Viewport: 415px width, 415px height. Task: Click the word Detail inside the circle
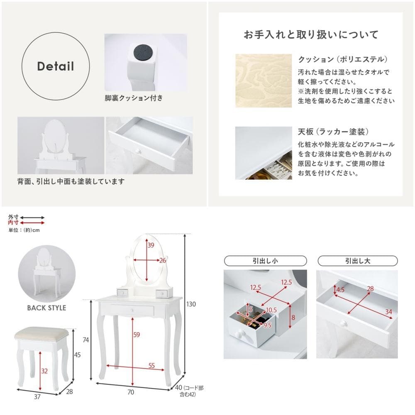[55, 66]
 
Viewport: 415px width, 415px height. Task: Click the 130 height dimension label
[191, 304]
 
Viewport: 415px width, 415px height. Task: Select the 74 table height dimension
[86, 340]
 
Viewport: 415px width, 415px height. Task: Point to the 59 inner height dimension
[137, 335]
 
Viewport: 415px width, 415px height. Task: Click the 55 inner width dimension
[151, 366]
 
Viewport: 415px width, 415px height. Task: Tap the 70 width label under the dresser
[131, 392]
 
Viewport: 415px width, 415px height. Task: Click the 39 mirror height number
[151, 245]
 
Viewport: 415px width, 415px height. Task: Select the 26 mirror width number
[163, 261]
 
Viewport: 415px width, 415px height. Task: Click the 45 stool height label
[77, 355]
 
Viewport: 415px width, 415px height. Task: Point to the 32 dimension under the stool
[44, 371]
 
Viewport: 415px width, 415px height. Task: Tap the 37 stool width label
[37, 397]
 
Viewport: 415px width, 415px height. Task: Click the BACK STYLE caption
[46, 308]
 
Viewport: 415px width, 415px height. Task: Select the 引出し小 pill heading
[265, 261]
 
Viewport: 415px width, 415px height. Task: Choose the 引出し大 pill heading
[358, 261]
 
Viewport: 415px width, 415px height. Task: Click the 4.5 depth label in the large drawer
[340, 290]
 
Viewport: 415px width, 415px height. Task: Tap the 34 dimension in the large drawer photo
[388, 312]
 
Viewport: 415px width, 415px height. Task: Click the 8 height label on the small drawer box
[293, 317]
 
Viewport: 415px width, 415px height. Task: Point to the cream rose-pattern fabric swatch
[264, 81]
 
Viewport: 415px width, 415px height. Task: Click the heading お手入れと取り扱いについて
[311, 35]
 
